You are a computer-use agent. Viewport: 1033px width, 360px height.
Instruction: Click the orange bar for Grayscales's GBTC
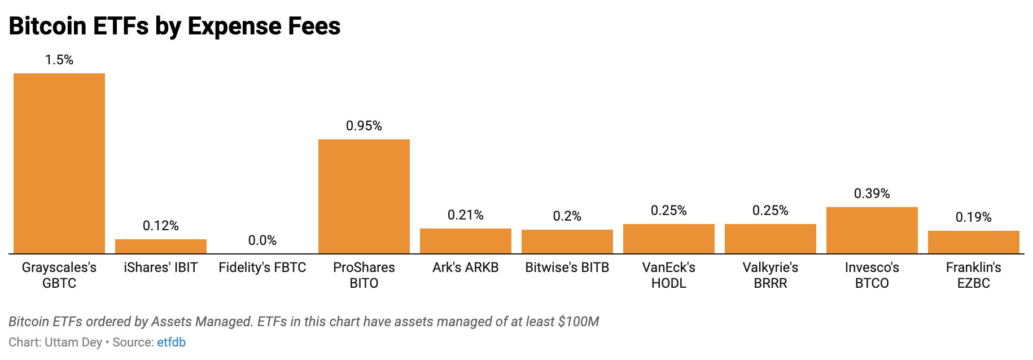pos(59,164)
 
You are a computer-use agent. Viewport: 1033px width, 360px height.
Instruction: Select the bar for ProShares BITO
pos(364,196)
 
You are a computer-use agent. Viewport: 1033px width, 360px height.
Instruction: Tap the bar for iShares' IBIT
pos(161,247)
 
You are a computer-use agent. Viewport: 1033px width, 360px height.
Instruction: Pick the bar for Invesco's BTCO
pos(872,230)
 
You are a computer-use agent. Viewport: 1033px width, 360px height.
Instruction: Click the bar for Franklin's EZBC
pos(974,242)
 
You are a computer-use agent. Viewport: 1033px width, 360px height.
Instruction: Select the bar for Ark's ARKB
pos(466,241)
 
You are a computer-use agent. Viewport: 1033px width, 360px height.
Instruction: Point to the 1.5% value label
pos(59,60)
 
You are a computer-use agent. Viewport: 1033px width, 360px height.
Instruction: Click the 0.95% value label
pos(364,126)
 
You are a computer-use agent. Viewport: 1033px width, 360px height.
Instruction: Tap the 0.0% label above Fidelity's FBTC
pos(262,240)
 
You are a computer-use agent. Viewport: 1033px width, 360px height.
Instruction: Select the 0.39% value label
pos(872,194)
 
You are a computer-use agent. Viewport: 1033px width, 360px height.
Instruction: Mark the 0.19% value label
pos(974,217)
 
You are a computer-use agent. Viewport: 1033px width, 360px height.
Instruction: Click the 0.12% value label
pos(161,226)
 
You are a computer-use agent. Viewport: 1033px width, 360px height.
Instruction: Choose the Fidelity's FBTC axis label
pos(262,267)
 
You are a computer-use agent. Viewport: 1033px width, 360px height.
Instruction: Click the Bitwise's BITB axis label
pos(567,267)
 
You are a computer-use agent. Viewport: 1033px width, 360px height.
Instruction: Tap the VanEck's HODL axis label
pos(669,275)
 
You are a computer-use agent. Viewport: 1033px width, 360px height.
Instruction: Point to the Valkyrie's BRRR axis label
pos(771,275)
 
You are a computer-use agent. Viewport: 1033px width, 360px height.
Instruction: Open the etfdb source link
pos(171,343)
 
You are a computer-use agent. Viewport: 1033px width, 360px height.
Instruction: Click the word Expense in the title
pos(235,26)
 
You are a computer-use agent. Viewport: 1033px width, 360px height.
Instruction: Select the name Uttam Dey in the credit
pos(73,343)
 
